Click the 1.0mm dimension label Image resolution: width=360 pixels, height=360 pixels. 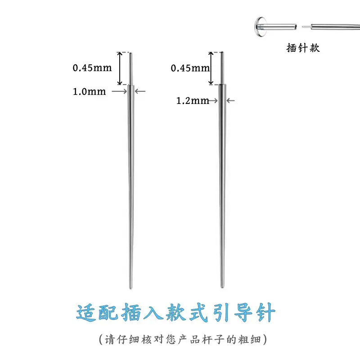[89, 91]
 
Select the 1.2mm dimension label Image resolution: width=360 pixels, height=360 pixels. [193, 100]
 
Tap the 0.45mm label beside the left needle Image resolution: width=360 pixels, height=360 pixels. [92, 68]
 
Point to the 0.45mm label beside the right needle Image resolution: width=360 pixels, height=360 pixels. [190, 68]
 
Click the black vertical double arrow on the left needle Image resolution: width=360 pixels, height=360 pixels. [120, 68]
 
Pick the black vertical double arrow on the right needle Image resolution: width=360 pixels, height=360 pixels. [211, 68]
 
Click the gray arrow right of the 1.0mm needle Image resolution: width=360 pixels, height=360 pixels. [140, 91]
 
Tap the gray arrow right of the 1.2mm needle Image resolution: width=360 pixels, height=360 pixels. [230, 100]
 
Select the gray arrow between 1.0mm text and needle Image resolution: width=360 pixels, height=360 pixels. [119, 91]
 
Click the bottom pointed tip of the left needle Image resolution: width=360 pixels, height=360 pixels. [130, 288]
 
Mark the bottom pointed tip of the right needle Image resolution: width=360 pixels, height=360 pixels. [222, 287]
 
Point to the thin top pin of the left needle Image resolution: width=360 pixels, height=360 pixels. [131, 69]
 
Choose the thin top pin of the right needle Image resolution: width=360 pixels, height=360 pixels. [222, 68]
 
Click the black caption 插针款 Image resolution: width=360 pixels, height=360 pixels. [303, 48]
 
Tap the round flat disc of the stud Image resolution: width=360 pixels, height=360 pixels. [260, 27]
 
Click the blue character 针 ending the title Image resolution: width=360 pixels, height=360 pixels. [266, 312]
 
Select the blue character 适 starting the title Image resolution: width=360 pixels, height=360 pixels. [86, 313]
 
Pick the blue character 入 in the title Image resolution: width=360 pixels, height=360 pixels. [153, 312]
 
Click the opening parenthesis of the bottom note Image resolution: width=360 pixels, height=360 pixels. [101, 339]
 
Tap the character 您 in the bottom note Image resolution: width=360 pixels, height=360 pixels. [171, 339]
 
